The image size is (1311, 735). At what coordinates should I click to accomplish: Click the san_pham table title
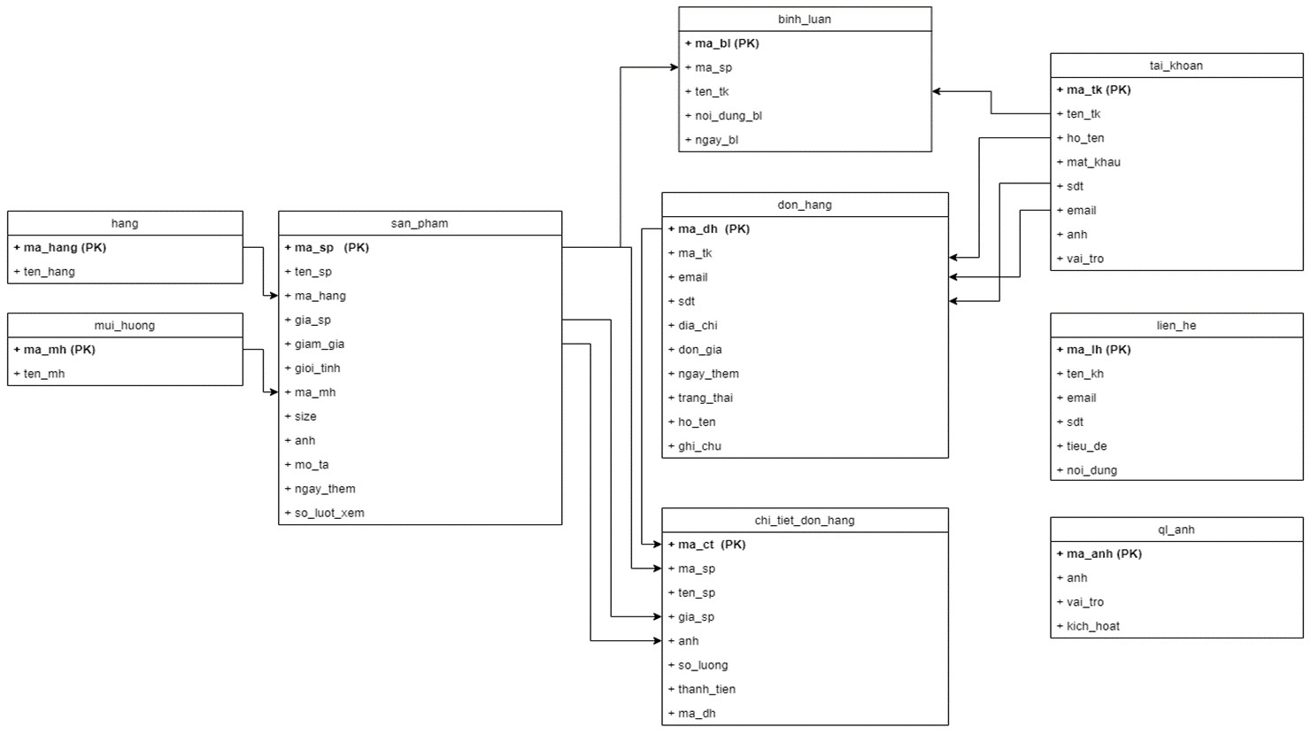[420, 223]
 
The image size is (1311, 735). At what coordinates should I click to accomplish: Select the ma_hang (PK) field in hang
[59, 247]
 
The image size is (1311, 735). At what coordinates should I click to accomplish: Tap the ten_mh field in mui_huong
[39, 374]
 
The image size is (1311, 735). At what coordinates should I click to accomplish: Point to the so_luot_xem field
[324, 513]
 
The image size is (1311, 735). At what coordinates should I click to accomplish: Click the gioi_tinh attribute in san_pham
[312, 367]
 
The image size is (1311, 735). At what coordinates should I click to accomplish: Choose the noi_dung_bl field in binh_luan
[723, 115]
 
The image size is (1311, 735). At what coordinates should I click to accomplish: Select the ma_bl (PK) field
[721, 43]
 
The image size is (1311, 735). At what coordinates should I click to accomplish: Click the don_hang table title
[805, 205]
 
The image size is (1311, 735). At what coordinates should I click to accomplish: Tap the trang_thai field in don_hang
[700, 398]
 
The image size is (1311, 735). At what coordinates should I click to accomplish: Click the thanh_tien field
[702, 689]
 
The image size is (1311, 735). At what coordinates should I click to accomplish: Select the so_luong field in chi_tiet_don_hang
[698, 665]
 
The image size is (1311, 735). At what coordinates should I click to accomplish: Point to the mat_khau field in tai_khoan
[1089, 162]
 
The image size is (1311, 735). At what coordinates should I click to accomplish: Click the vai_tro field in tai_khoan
[1081, 259]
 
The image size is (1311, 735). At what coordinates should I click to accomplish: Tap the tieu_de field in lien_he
[1082, 445]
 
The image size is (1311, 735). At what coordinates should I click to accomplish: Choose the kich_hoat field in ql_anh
[1088, 625]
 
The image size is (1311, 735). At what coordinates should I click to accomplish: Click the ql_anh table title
[1176, 530]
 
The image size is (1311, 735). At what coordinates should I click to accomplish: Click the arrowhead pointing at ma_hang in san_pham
[274, 296]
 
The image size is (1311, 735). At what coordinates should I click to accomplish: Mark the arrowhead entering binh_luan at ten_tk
[937, 91]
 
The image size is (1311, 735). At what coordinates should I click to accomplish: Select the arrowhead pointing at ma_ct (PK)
[657, 544]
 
